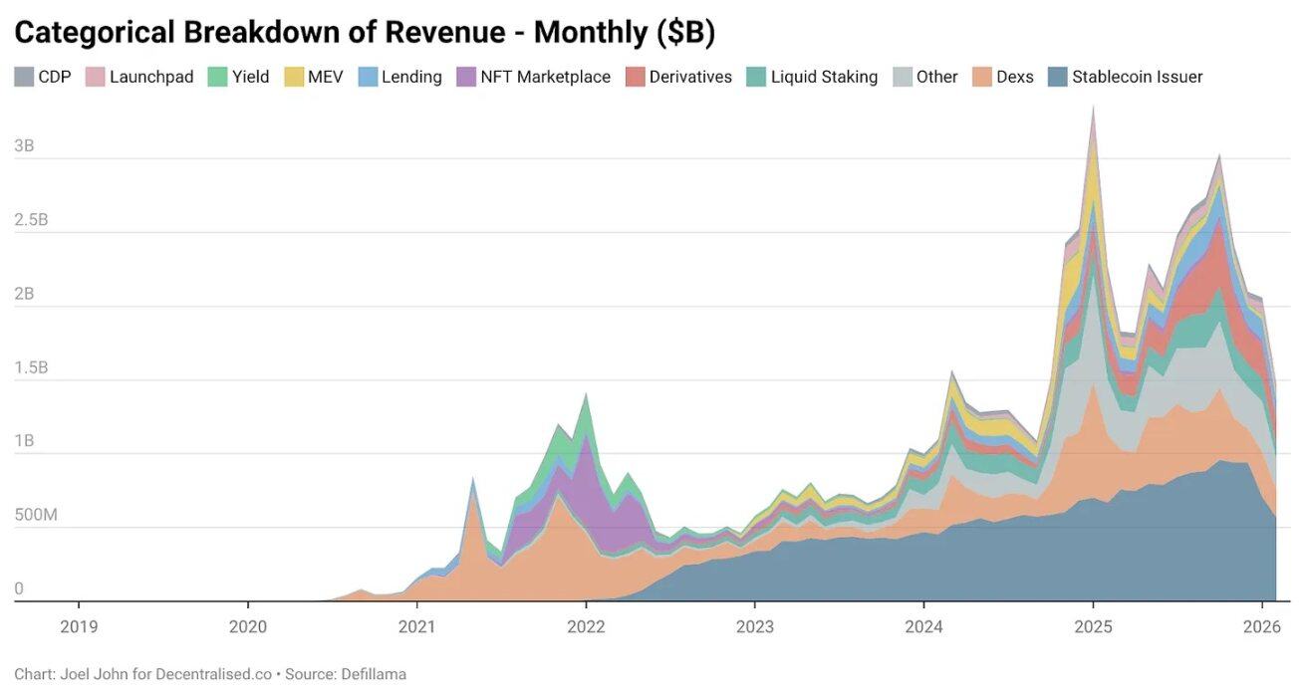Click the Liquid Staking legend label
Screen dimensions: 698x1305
click(x=824, y=77)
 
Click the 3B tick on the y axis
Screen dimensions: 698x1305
click(x=25, y=145)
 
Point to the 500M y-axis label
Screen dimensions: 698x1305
click(x=36, y=515)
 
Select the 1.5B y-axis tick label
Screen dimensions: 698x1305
click(x=31, y=367)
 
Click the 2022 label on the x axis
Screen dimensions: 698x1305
click(x=586, y=626)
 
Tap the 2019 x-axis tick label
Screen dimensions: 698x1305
click(x=79, y=626)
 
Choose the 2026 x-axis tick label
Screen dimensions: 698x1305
click(x=1261, y=626)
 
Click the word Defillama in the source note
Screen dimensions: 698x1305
click(x=371, y=674)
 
